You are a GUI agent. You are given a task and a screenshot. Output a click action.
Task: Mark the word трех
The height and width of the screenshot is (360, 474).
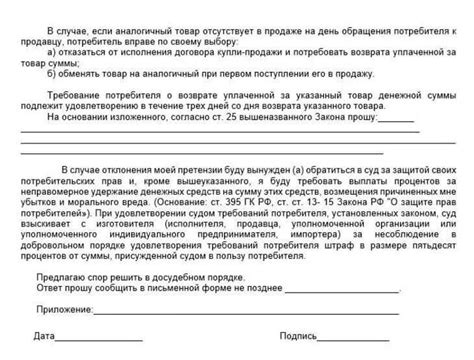point(256,105)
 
